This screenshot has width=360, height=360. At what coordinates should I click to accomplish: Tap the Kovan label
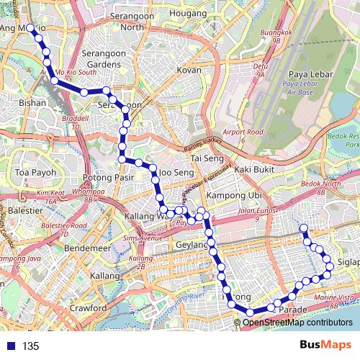pyautogui.click(x=189, y=70)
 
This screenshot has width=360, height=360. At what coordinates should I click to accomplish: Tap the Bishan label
pyautogui.click(x=33, y=103)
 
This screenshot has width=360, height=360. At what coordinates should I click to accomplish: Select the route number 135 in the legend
pyautogui.click(x=30, y=346)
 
